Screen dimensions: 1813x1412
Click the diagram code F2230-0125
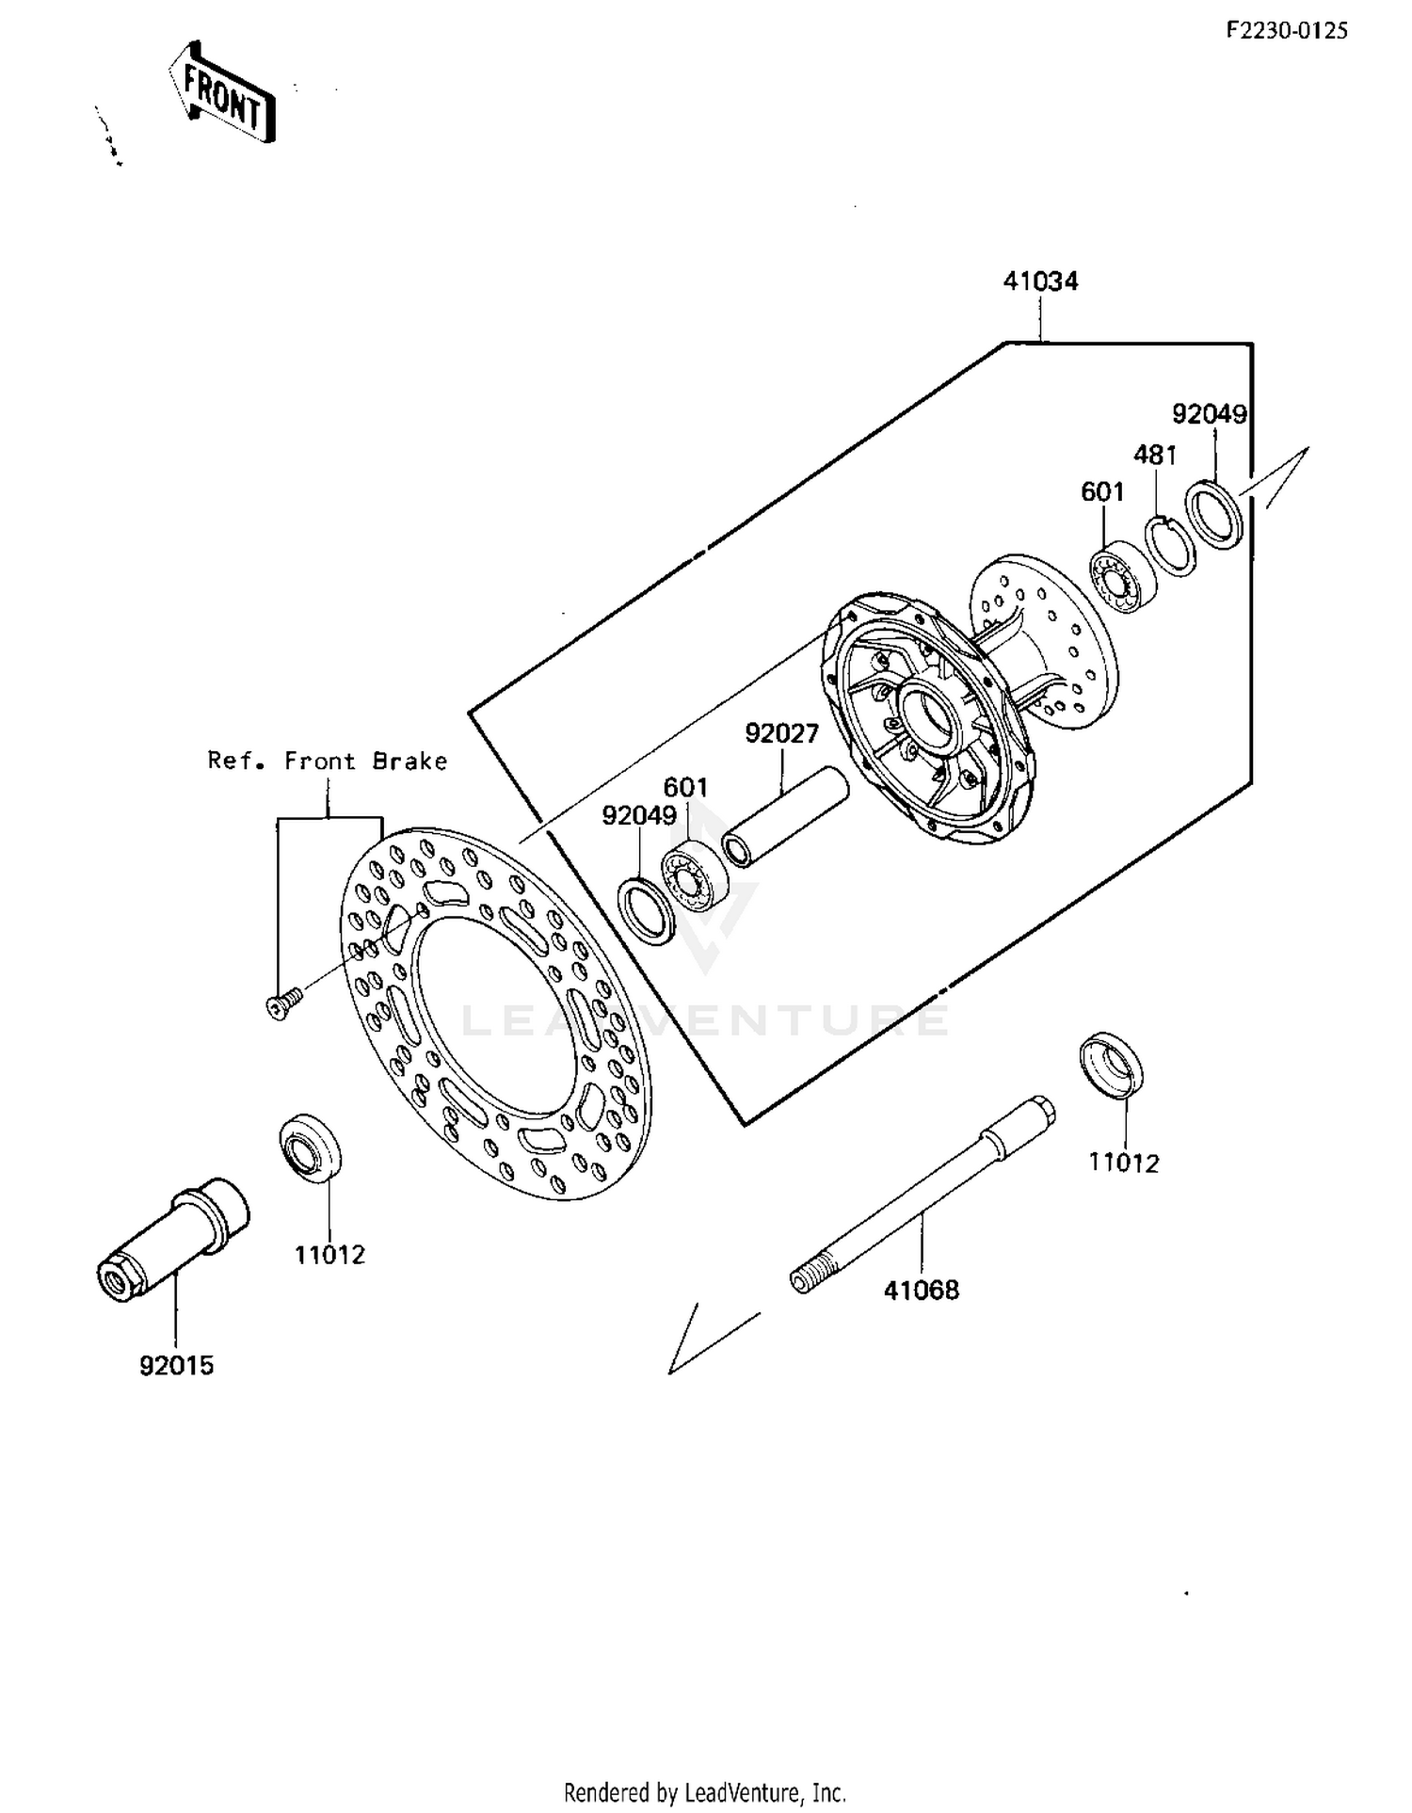click(1286, 31)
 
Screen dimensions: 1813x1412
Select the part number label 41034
click(1039, 281)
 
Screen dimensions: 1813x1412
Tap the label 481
click(1154, 456)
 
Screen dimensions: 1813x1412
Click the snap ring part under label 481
click(1170, 545)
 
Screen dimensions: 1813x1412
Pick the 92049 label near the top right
click(1209, 414)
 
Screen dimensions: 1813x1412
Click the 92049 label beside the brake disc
click(639, 816)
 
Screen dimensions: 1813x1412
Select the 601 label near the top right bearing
click(1102, 492)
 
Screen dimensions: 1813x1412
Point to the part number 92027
click(781, 733)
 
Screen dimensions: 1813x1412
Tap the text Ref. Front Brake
click(327, 761)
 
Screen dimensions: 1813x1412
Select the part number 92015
click(177, 1365)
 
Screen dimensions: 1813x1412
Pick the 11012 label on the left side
click(329, 1255)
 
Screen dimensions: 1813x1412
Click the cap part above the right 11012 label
click(1113, 1065)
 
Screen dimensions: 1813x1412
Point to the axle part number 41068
click(921, 1290)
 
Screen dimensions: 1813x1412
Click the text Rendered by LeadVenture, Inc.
click(704, 1791)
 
